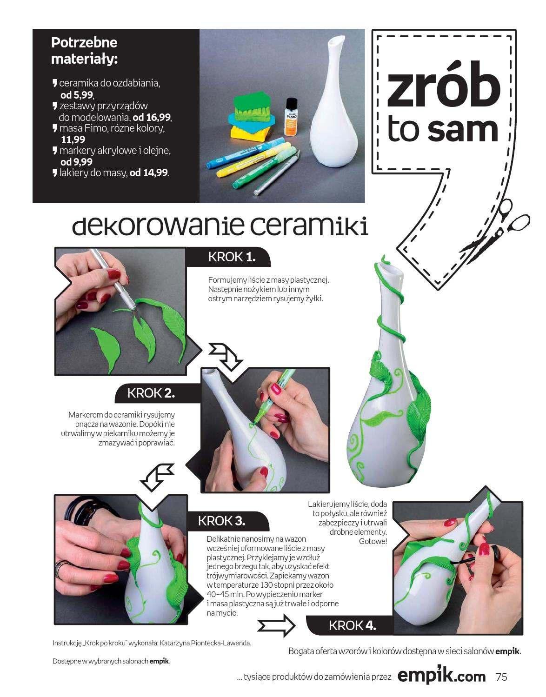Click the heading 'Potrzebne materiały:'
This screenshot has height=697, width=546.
click(x=84, y=51)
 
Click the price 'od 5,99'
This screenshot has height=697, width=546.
click(x=77, y=95)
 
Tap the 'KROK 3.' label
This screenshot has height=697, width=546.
click(x=221, y=520)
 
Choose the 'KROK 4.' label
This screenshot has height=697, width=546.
click(x=352, y=625)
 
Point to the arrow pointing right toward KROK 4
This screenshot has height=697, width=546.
click(x=276, y=625)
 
